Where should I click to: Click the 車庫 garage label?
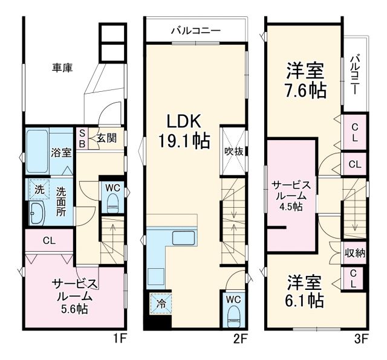(x=62, y=68)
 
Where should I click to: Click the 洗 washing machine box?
(x=39, y=188)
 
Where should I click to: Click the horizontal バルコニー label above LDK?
(x=195, y=30)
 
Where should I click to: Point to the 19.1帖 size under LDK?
(x=184, y=141)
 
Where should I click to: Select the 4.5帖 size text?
(x=292, y=207)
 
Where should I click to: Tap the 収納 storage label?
(x=355, y=253)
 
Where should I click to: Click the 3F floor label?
(x=361, y=338)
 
